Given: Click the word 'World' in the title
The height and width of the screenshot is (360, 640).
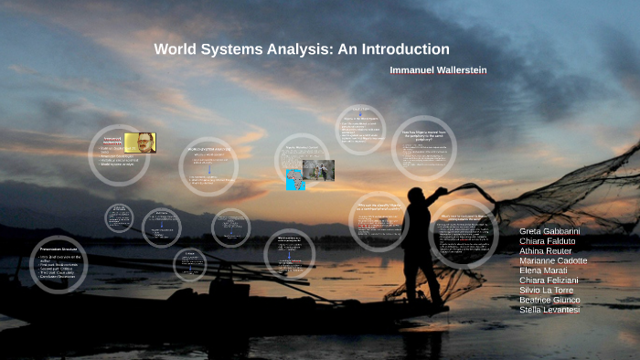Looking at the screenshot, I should point(175,49).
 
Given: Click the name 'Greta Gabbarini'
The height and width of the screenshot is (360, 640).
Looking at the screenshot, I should point(549,231).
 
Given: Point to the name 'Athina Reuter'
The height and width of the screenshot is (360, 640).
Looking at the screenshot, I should point(545,251).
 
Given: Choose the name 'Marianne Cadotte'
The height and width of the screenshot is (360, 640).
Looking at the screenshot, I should point(553,261).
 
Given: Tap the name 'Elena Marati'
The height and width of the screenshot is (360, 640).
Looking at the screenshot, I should point(543,271).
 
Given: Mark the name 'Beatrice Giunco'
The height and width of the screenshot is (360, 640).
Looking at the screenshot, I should point(549,301).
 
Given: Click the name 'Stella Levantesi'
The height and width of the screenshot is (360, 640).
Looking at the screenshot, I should point(549,311).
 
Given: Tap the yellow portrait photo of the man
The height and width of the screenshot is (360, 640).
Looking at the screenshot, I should point(141,143).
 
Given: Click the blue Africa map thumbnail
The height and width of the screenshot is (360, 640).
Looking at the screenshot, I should point(294,178).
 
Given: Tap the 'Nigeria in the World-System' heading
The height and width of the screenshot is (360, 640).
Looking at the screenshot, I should point(360,119).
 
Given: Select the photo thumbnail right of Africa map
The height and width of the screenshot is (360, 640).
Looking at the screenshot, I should point(319,170).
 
